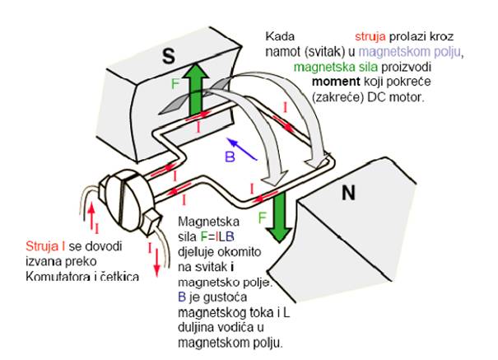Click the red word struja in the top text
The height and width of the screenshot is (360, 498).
pyautogui.click(x=372, y=37)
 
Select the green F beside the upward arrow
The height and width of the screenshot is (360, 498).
pyautogui.click(x=175, y=84)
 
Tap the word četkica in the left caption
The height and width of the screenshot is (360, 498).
pyautogui.click(x=121, y=275)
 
